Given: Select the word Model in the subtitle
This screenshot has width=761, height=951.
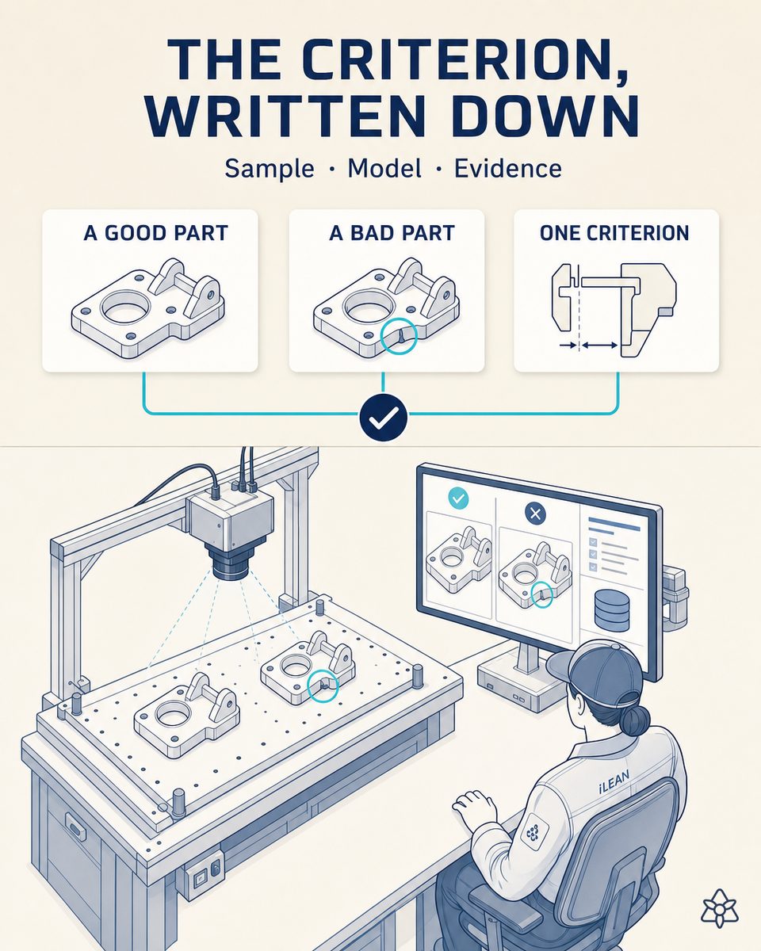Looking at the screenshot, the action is pos(384,168).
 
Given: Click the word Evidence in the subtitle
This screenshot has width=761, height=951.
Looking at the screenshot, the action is pos(508,168).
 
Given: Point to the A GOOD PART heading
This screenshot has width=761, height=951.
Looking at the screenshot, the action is pos(155,233).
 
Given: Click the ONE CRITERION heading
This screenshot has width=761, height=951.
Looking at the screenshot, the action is pos(614,233).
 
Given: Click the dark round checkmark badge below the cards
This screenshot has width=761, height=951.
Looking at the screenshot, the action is pos(383,417).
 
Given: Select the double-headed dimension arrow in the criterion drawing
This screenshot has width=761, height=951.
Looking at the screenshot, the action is pos(599,346).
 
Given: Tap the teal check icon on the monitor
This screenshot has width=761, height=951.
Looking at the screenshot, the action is pos(458,498).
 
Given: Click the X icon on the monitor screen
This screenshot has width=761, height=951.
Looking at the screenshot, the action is pos(535,514).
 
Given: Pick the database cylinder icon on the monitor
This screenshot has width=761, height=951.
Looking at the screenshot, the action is pos(613,610).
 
